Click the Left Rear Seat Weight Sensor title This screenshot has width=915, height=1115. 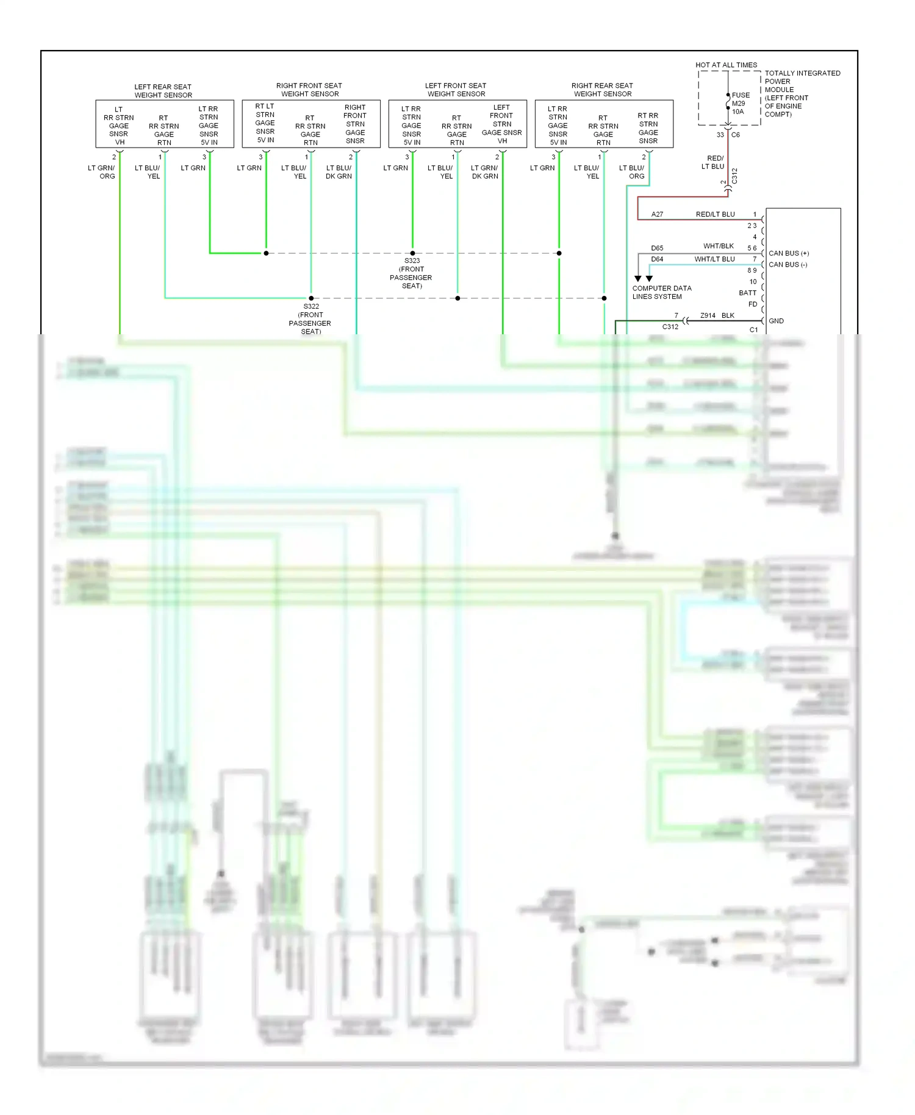(x=163, y=91)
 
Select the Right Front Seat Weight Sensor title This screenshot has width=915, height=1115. (x=309, y=90)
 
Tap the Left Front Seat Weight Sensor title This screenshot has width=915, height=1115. (x=456, y=90)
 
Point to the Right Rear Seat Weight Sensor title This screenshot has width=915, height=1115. (x=602, y=90)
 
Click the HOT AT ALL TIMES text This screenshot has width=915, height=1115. (x=726, y=65)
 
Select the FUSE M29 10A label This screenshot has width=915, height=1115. (x=740, y=103)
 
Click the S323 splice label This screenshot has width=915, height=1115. (x=412, y=260)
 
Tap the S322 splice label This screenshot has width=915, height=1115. (x=311, y=306)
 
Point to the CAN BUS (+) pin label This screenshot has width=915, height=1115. (x=788, y=253)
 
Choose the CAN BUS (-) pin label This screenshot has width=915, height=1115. (x=788, y=265)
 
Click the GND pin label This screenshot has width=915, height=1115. (x=776, y=321)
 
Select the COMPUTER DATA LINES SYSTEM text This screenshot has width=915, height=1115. (x=661, y=292)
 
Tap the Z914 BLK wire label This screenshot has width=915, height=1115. (x=717, y=315)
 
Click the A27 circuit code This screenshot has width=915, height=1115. (x=657, y=214)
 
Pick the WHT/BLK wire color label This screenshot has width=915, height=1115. (x=718, y=246)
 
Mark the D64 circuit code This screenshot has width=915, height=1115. (x=657, y=259)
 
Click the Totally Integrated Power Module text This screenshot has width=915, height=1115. (x=802, y=93)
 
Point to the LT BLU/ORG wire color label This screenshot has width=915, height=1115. (x=632, y=172)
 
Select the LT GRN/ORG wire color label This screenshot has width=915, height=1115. (x=102, y=172)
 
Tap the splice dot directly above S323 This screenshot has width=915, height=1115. (x=412, y=253)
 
